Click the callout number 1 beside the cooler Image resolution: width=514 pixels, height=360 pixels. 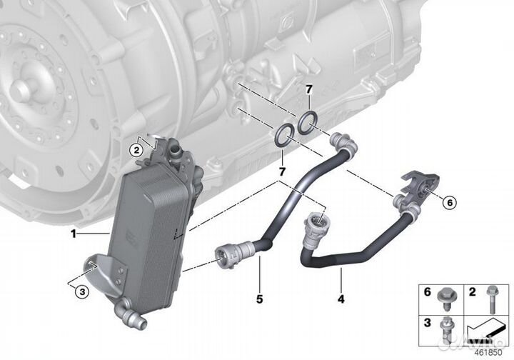73,233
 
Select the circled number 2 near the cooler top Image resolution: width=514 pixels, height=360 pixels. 134,150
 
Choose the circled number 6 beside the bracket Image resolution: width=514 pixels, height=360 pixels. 450,204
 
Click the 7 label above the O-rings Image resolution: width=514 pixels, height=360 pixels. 309,90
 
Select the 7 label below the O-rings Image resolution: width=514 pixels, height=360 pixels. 282,171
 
